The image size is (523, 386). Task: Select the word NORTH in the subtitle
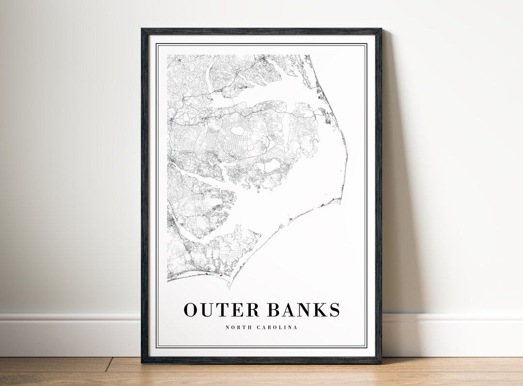pos(237,327)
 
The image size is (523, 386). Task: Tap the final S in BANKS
pos(334,310)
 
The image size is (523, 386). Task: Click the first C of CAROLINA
pos(258,327)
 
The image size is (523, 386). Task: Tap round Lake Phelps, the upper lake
pos(238,130)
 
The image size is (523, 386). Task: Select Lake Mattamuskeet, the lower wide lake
pos(269,167)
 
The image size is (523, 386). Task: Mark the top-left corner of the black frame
pos(142,30)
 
